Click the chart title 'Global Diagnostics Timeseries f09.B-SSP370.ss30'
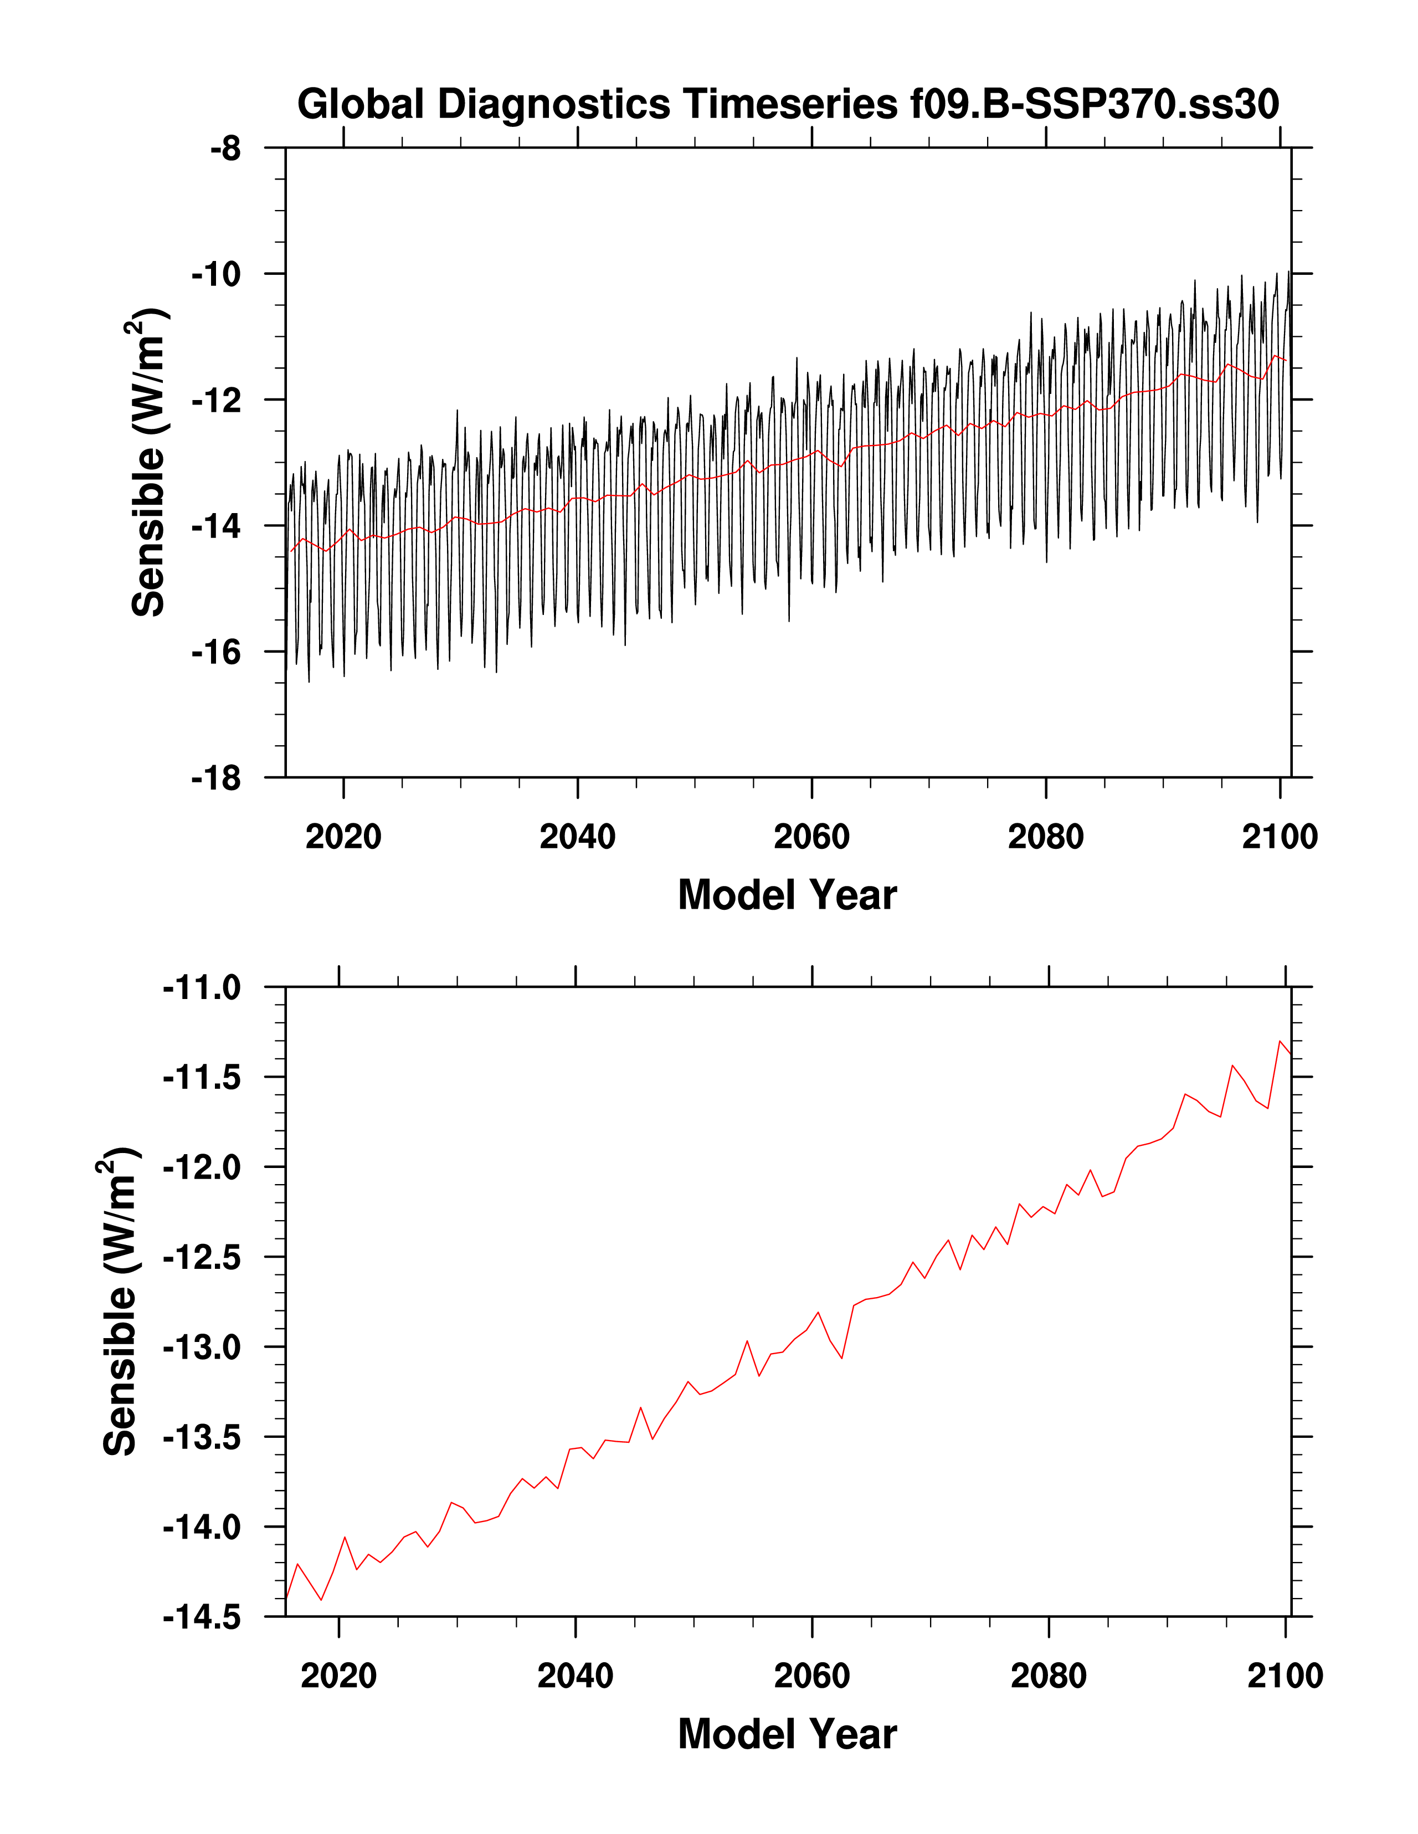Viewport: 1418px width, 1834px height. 788,105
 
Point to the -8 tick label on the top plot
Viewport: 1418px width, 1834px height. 225,150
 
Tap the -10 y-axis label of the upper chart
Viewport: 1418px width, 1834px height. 216,275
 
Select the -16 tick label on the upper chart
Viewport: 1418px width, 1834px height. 216,653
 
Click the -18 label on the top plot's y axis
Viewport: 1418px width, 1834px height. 216,778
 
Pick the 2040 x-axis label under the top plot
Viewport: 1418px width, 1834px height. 578,837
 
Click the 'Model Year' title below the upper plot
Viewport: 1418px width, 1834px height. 788,895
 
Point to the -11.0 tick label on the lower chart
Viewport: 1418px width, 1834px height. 202,988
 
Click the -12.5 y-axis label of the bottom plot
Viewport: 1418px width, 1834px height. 202,1258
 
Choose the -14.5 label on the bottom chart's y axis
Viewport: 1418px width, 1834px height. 202,1617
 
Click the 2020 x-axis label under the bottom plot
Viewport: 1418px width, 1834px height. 338,1676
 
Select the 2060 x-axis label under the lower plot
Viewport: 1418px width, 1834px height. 812,1676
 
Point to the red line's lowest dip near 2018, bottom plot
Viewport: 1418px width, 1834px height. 321,1600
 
